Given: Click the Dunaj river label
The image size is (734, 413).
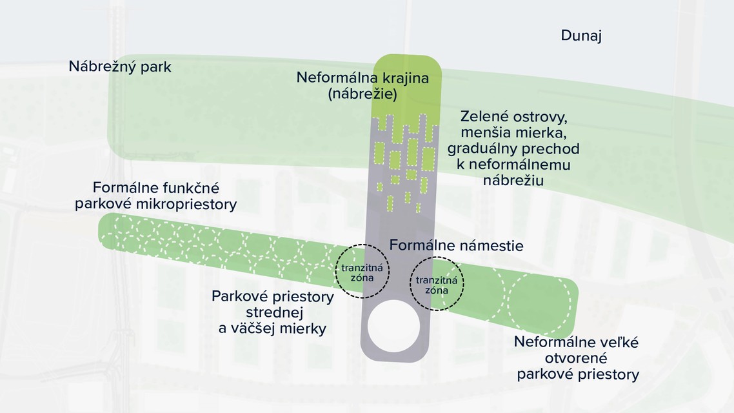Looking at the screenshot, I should tap(580, 36).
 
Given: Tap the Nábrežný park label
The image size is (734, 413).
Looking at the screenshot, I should tap(120, 66).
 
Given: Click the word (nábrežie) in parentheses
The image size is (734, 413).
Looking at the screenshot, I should tap(362, 94).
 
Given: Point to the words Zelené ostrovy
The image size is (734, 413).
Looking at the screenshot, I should tap(513, 117).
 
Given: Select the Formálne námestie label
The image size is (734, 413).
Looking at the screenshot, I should tap(456, 246).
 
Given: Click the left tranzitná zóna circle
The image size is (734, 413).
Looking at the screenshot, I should tap(363, 272).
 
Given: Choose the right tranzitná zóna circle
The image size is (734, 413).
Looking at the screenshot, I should tap(437, 283).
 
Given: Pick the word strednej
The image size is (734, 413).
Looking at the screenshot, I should tap(272, 313).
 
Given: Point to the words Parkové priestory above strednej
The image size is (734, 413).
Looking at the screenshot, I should tap(272, 297).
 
